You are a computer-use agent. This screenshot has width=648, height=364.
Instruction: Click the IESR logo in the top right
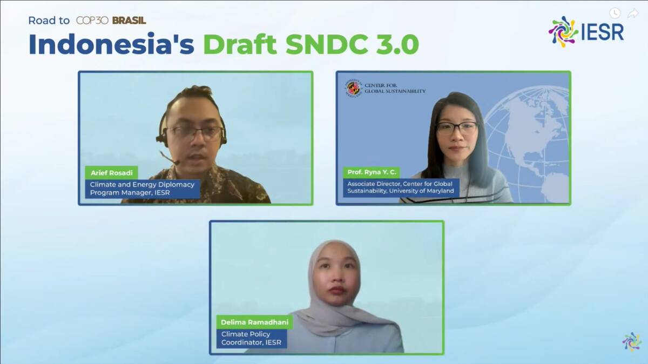[x=586, y=32]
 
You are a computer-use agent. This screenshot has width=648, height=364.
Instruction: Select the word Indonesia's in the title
[x=111, y=44]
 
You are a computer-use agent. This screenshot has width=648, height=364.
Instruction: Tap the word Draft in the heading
[x=240, y=44]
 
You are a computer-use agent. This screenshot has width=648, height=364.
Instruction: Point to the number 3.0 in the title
[x=397, y=44]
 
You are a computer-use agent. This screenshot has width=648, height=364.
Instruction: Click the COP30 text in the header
[x=92, y=21]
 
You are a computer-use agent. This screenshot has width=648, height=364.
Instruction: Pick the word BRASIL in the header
[x=129, y=21]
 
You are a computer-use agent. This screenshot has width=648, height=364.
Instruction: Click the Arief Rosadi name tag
[x=111, y=173]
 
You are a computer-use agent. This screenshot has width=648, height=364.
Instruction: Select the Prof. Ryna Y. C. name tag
[x=372, y=172]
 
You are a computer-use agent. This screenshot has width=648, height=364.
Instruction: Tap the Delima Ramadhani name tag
[x=254, y=322]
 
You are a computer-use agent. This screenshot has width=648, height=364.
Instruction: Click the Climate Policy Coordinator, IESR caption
[x=252, y=338]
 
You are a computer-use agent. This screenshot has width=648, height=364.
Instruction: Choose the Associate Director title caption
[x=401, y=187]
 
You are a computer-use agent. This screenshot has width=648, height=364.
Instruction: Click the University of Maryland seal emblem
[x=354, y=88]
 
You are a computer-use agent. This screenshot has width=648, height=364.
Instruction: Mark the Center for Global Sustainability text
[x=395, y=88]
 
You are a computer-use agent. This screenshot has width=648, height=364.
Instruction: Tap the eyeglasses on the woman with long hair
[x=457, y=128]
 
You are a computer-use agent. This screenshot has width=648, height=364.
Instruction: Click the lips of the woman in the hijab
[x=337, y=291]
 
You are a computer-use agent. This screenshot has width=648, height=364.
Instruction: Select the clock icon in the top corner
[x=615, y=13]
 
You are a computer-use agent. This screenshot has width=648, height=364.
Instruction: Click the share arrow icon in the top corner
[x=633, y=13]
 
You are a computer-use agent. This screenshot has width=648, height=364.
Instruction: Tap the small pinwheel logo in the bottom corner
[x=632, y=342]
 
